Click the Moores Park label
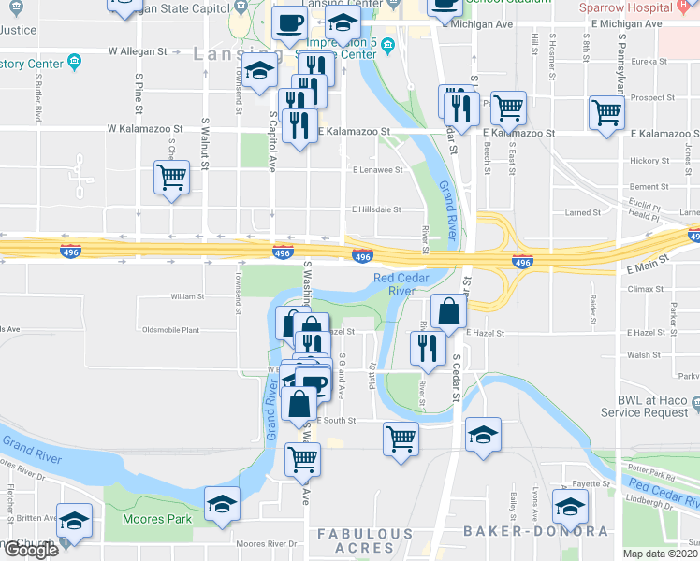157,519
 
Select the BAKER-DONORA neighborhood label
536,531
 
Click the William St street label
187,296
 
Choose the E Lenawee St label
377,170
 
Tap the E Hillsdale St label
376,210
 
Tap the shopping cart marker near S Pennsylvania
607,114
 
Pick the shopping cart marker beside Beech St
508,108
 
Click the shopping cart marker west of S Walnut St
171,178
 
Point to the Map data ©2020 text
661,554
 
